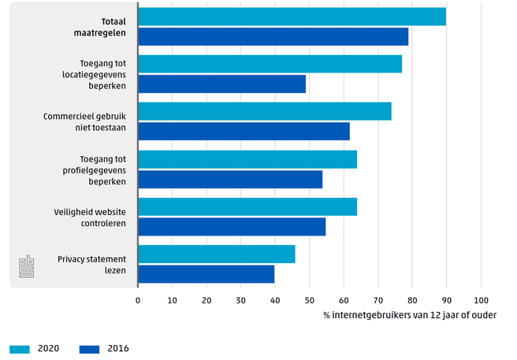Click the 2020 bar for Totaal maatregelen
[292, 17]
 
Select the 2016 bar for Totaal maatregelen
[273, 36]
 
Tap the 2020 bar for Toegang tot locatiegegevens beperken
[270, 64]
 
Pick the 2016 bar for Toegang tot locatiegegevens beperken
[221, 84]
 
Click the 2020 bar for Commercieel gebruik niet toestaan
[264, 111]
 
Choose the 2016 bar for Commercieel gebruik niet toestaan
[244, 131]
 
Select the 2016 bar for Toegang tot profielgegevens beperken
[230, 179]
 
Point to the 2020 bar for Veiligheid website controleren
[247, 206]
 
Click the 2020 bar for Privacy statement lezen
[217, 254]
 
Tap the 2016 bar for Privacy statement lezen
[206, 273]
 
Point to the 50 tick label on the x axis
[309, 300]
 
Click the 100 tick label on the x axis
[480, 300]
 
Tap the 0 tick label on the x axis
[138, 300]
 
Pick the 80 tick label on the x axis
[411, 300]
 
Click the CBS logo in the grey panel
[28, 265]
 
